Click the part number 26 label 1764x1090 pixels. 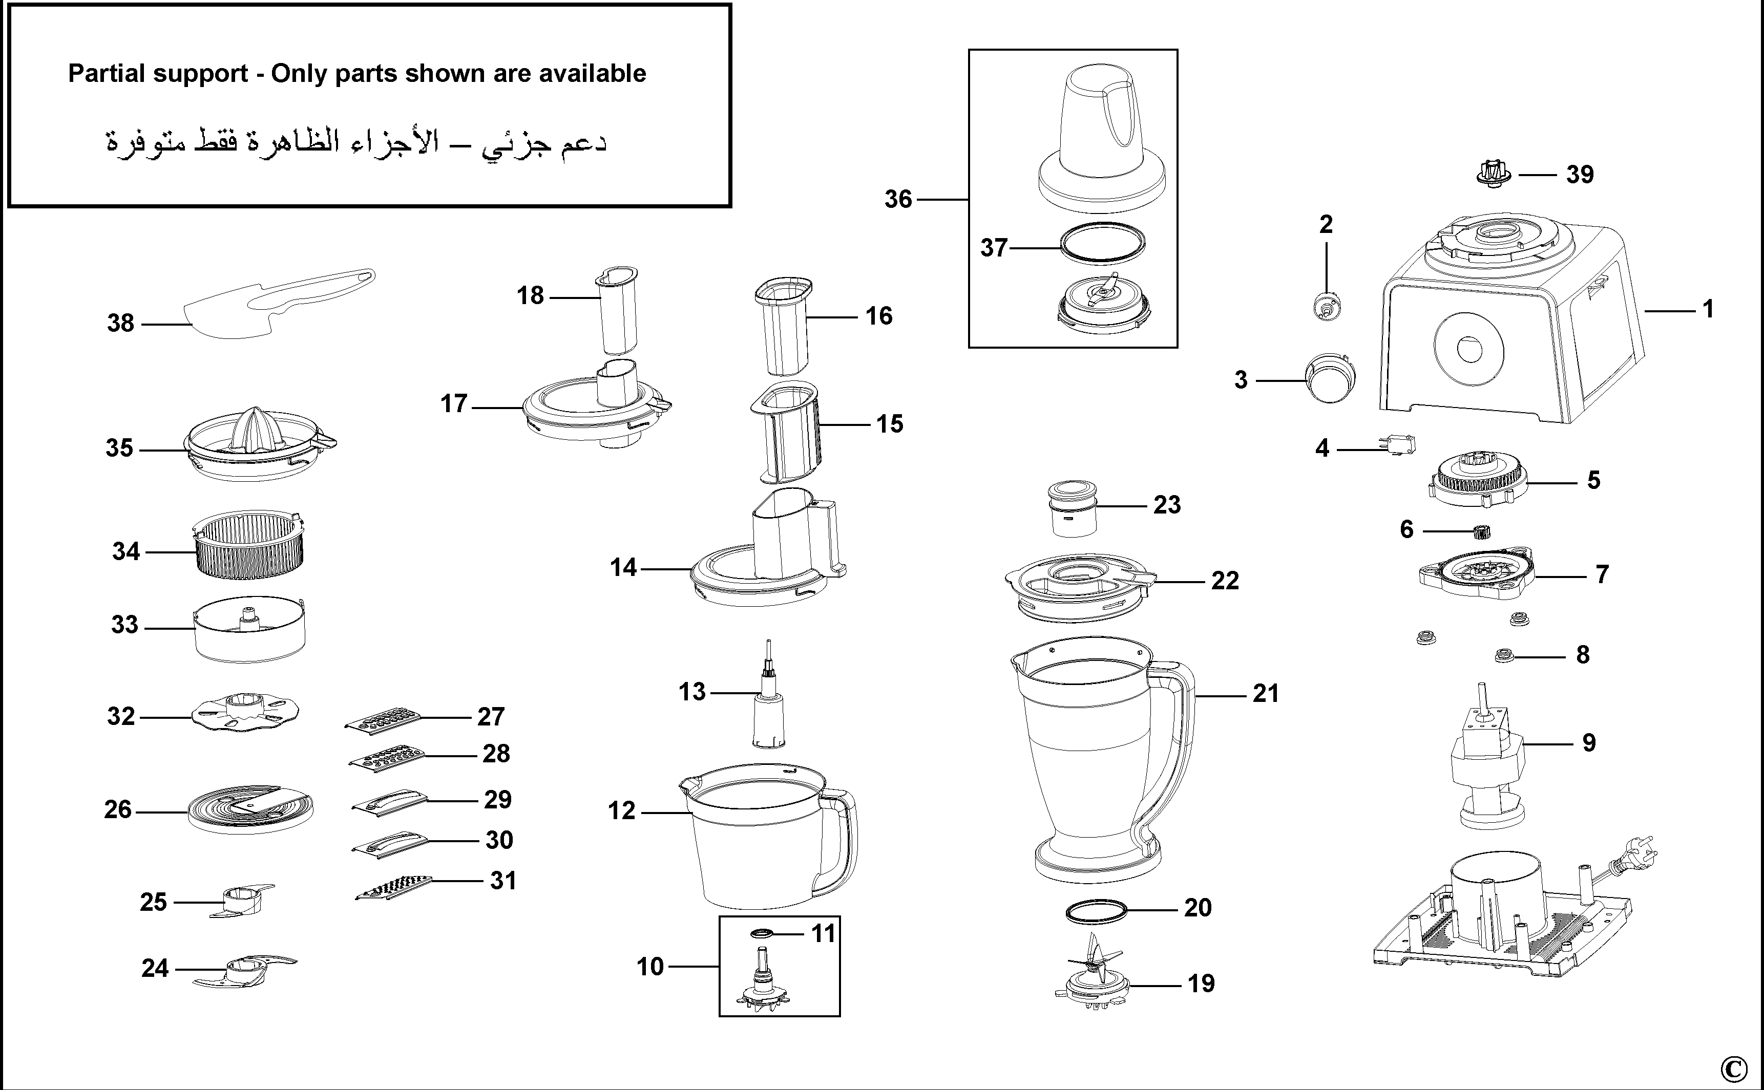tap(118, 809)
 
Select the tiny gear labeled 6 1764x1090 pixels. tap(1481, 533)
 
